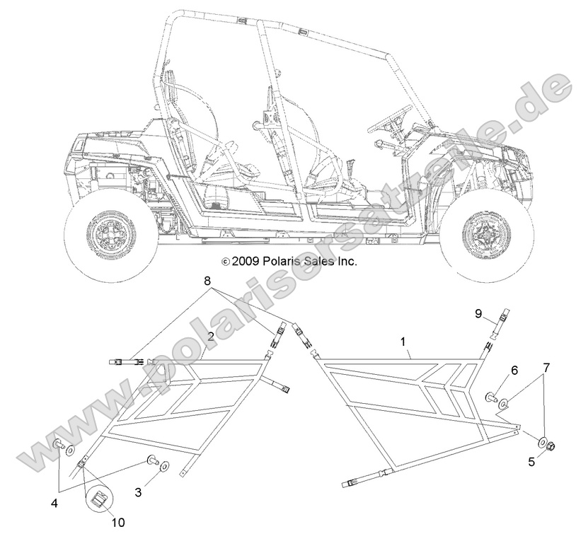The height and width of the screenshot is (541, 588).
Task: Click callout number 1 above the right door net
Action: tap(403, 342)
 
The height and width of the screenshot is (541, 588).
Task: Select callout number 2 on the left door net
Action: tap(211, 337)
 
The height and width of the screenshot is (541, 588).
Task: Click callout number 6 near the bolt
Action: tap(514, 370)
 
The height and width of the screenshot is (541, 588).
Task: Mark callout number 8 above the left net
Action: tap(186, 281)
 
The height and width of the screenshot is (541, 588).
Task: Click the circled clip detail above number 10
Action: tap(99, 499)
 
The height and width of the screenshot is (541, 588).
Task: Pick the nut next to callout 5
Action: tap(554, 446)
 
